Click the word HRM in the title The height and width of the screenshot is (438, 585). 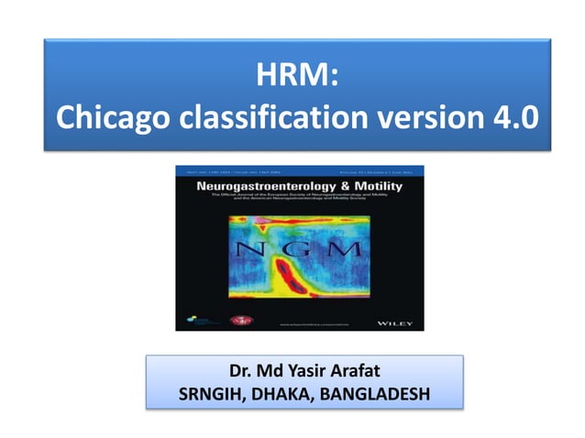[292, 73]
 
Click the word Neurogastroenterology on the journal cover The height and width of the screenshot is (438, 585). [259, 186]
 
